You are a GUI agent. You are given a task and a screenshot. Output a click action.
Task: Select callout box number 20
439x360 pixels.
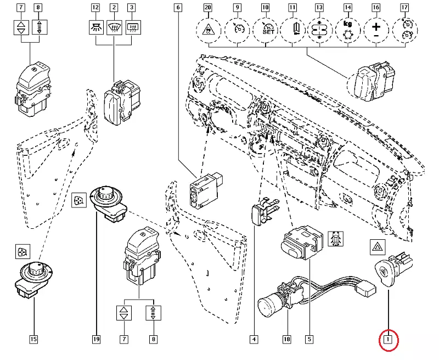pyautogui.click(x=207, y=8)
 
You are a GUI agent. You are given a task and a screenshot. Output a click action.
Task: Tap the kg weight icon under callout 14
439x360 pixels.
pyautogui.click(x=347, y=30)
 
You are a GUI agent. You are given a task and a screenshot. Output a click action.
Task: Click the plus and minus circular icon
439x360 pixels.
pyautogui.click(x=375, y=30)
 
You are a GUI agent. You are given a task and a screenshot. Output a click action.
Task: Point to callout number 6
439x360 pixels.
pyautogui.click(x=178, y=8)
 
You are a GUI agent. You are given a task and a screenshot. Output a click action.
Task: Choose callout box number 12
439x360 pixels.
pyautogui.click(x=95, y=8)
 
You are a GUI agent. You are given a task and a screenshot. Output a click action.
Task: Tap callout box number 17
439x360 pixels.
pyautogui.click(x=404, y=8)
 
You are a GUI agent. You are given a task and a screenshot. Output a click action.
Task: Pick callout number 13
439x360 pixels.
pyautogui.click(x=319, y=8)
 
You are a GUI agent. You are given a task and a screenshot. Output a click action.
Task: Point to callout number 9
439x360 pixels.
pyautogui.click(x=237, y=8)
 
